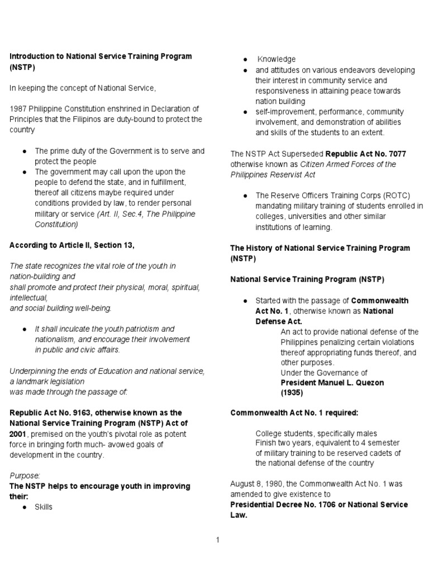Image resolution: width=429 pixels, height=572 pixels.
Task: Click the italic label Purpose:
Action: [25, 475]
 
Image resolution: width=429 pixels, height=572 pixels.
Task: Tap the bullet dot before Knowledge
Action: [245, 60]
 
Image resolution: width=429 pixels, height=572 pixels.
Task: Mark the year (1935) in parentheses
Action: [291, 393]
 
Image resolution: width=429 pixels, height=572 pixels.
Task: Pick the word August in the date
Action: [242, 484]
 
